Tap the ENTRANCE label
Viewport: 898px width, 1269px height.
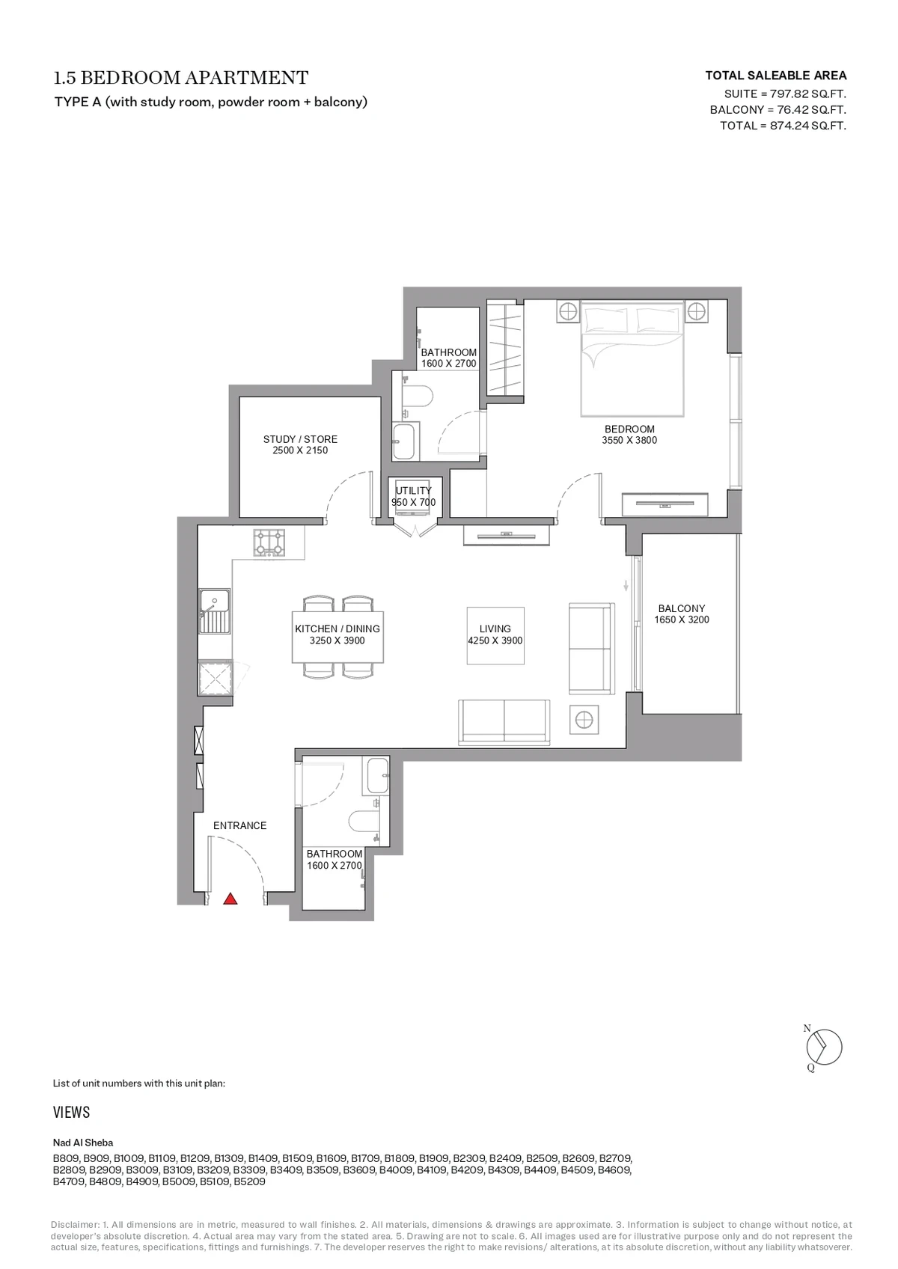point(239,825)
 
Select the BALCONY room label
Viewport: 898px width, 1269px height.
point(682,608)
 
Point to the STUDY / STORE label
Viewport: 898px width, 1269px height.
point(300,439)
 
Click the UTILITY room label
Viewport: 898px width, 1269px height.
point(414,491)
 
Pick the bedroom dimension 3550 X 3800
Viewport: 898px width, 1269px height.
point(629,440)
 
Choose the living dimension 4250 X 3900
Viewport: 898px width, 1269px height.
point(495,640)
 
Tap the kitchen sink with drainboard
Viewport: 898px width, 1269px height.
point(215,611)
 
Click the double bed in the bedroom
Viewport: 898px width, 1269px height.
point(632,359)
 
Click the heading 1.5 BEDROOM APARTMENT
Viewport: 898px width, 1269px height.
point(181,78)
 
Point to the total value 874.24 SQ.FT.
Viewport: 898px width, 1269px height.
point(808,126)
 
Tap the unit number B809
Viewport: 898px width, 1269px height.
point(67,1158)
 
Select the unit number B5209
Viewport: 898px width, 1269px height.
point(249,1181)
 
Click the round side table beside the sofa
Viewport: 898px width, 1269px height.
point(584,720)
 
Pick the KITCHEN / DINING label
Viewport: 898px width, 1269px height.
point(337,629)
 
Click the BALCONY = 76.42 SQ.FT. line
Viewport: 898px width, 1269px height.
point(778,110)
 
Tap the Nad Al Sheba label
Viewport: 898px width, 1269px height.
point(83,1143)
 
